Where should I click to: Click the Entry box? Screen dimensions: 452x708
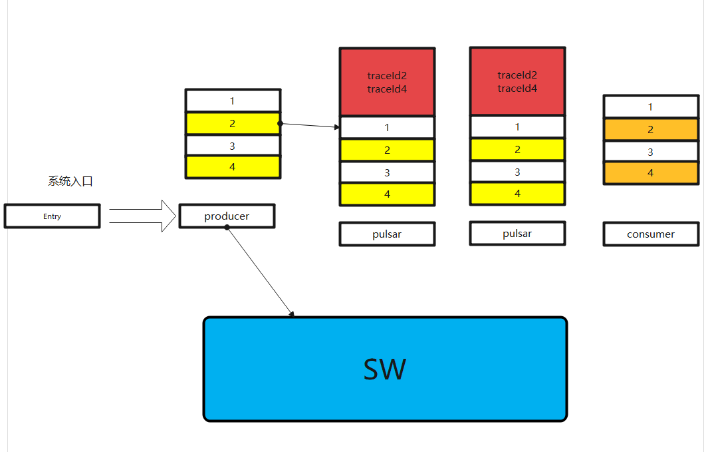coord(52,216)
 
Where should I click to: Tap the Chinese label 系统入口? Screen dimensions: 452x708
coord(70,181)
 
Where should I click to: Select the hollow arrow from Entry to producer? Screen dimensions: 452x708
coord(143,216)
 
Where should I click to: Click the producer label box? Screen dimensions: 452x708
coord(227,216)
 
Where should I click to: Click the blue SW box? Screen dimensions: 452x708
coord(385,369)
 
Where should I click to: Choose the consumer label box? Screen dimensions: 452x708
coord(651,234)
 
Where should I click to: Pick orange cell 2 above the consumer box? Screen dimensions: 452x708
coord(651,130)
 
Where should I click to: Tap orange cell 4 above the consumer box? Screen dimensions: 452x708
coord(651,173)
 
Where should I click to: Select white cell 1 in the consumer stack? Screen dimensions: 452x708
coord(651,107)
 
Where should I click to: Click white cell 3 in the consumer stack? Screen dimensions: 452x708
coord(651,152)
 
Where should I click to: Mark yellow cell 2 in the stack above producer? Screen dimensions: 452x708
coord(233,124)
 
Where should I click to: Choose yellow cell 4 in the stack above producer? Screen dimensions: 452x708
coord(233,167)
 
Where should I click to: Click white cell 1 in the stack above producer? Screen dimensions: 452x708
coord(233,101)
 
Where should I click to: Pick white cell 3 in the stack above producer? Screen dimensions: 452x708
coord(233,146)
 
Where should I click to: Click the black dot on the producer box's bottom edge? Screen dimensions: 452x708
coord(227,228)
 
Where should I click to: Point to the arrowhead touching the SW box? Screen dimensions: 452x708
coord(291,314)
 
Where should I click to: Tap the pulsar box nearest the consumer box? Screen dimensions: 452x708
coord(517,234)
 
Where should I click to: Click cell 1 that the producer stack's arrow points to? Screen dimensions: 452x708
coord(387,127)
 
